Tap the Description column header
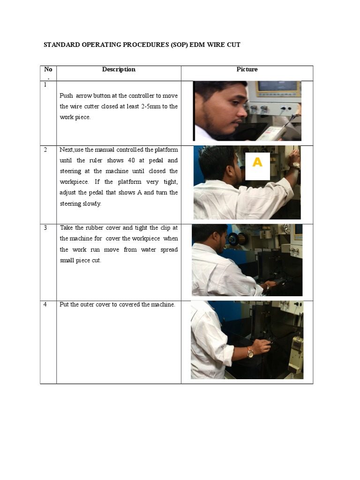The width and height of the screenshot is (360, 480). (x=119, y=69)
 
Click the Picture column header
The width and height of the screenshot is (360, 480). (x=247, y=69)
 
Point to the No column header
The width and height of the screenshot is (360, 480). (x=48, y=69)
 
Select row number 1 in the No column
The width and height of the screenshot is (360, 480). (x=45, y=85)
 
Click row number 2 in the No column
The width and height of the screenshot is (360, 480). (x=45, y=150)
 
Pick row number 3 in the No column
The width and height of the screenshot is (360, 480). (x=45, y=228)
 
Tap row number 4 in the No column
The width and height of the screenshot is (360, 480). (x=45, y=304)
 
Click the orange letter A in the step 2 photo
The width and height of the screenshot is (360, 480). (x=257, y=163)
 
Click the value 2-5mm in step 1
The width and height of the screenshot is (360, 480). (x=154, y=106)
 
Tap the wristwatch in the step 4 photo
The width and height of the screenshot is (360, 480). (x=250, y=352)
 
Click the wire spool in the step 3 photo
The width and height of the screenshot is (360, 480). (x=233, y=239)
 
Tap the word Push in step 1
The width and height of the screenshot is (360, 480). (x=66, y=96)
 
